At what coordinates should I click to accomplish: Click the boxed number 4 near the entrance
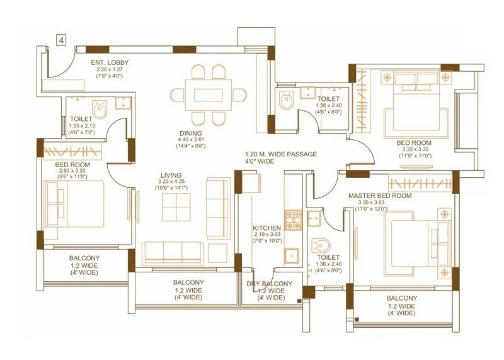pyautogui.click(x=61, y=40)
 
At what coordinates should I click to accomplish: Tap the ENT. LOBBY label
pyautogui.click(x=106, y=62)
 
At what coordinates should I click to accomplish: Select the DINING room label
pyautogui.click(x=190, y=133)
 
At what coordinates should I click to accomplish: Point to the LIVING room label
pyautogui.click(x=171, y=175)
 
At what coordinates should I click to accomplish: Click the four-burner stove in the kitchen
pyautogui.click(x=293, y=219)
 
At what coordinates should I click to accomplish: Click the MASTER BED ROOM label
pyautogui.click(x=380, y=195)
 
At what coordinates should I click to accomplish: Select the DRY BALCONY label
pyautogui.click(x=269, y=284)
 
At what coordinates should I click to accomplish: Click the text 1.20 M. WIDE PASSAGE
pyautogui.click(x=281, y=154)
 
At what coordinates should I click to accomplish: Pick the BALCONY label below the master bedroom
pyautogui.click(x=401, y=298)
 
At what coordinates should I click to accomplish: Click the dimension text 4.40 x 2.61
pyautogui.click(x=190, y=139)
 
